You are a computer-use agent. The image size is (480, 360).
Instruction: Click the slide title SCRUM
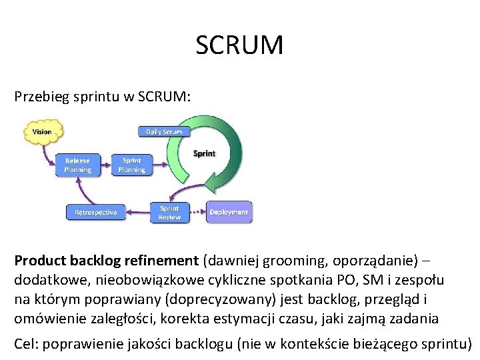(x=239, y=45)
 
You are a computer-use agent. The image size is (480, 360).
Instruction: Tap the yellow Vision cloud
(x=41, y=132)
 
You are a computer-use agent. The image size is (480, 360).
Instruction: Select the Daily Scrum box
(x=164, y=132)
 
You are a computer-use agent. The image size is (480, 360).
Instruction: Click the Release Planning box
(x=77, y=165)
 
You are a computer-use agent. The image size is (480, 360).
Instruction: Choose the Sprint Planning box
(x=131, y=165)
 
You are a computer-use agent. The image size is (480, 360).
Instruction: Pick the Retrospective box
(x=95, y=213)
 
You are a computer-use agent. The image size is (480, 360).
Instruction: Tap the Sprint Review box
(x=169, y=213)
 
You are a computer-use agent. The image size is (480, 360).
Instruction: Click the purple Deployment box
(x=229, y=213)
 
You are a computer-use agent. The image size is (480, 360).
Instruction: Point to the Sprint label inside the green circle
(x=204, y=153)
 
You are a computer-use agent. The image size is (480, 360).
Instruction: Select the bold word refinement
(x=159, y=261)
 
